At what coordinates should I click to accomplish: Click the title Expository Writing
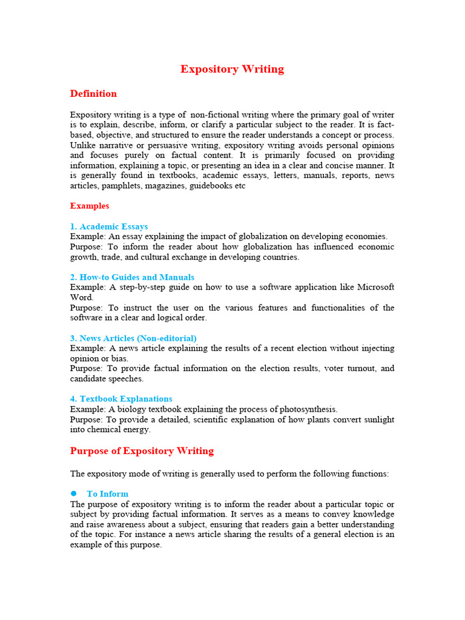[232, 69]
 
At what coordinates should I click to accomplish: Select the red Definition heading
[93, 94]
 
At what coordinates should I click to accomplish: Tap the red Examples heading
[90, 206]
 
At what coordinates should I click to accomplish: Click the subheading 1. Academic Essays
[109, 226]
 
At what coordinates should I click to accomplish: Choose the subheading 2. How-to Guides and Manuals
[132, 277]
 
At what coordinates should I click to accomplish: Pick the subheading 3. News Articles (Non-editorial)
[133, 338]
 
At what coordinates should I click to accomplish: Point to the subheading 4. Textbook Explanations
[121, 399]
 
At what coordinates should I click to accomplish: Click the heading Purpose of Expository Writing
[142, 451]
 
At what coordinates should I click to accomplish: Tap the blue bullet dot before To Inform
[74, 493]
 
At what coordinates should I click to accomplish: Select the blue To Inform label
[108, 494]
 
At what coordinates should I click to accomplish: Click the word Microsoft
[372, 287]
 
